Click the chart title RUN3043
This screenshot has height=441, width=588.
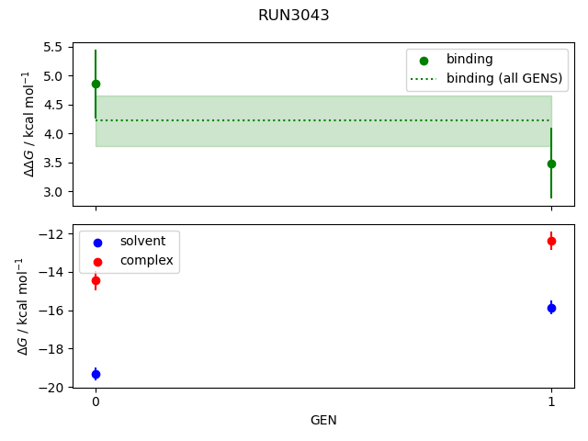point(294,16)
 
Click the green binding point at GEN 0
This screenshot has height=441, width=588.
point(96,84)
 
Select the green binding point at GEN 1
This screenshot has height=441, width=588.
point(551,164)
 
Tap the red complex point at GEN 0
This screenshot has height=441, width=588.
point(96,280)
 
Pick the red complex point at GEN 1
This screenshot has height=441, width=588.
point(551,241)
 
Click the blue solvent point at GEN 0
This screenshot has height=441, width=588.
point(96,374)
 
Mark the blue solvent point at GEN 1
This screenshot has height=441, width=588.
point(551,308)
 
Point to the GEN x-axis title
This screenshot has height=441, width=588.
point(323,421)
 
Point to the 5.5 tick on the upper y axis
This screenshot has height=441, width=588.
point(78,47)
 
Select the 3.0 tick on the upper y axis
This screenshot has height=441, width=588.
point(78,192)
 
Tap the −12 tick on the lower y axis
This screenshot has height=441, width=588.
point(75,233)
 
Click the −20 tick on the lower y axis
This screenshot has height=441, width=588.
point(75,388)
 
